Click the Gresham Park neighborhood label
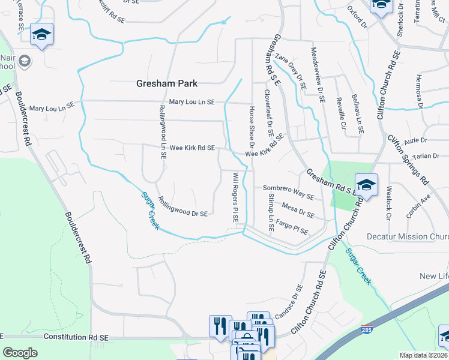click(x=167, y=83)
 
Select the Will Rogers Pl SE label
click(x=235, y=197)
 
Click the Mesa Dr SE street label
click(x=298, y=212)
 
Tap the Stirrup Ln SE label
click(x=271, y=212)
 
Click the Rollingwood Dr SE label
click(x=182, y=206)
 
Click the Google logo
click(x=20, y=353)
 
